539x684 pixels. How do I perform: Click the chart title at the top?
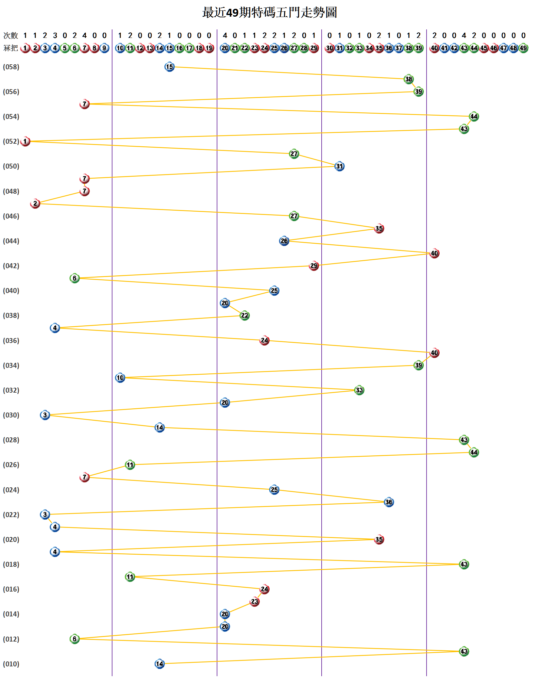tap(269, 12)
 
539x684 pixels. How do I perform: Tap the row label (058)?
tap(11, 67)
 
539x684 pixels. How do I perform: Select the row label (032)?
tap(11, 390)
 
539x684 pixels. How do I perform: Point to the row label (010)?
tap(11, 664)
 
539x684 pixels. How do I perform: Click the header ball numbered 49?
tap(523, 48)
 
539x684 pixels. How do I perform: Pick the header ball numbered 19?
tap(209, 48)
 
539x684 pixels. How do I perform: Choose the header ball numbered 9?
tap(104, 48)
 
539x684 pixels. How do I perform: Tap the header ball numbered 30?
tap(329, 48)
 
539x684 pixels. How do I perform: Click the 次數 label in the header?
tap(10, 35)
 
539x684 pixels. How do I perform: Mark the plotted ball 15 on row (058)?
tap(169, 67)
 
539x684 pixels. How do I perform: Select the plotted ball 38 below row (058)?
tap(409, 79)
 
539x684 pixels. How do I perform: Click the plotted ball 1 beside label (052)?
tap(25, 141)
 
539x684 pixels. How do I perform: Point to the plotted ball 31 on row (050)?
tap(340, 166)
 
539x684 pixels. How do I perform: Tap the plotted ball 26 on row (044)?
tap(284, 241)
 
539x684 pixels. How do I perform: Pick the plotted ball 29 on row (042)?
tap(314, 266)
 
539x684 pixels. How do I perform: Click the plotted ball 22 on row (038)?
tap(244, 316)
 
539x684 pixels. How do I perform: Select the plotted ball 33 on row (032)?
tap(359, 390)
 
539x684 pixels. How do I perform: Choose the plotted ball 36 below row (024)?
tap(389, 502)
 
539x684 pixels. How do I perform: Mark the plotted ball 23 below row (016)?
tap(254, 602)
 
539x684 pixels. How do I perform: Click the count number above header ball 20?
tap(225, 35)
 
